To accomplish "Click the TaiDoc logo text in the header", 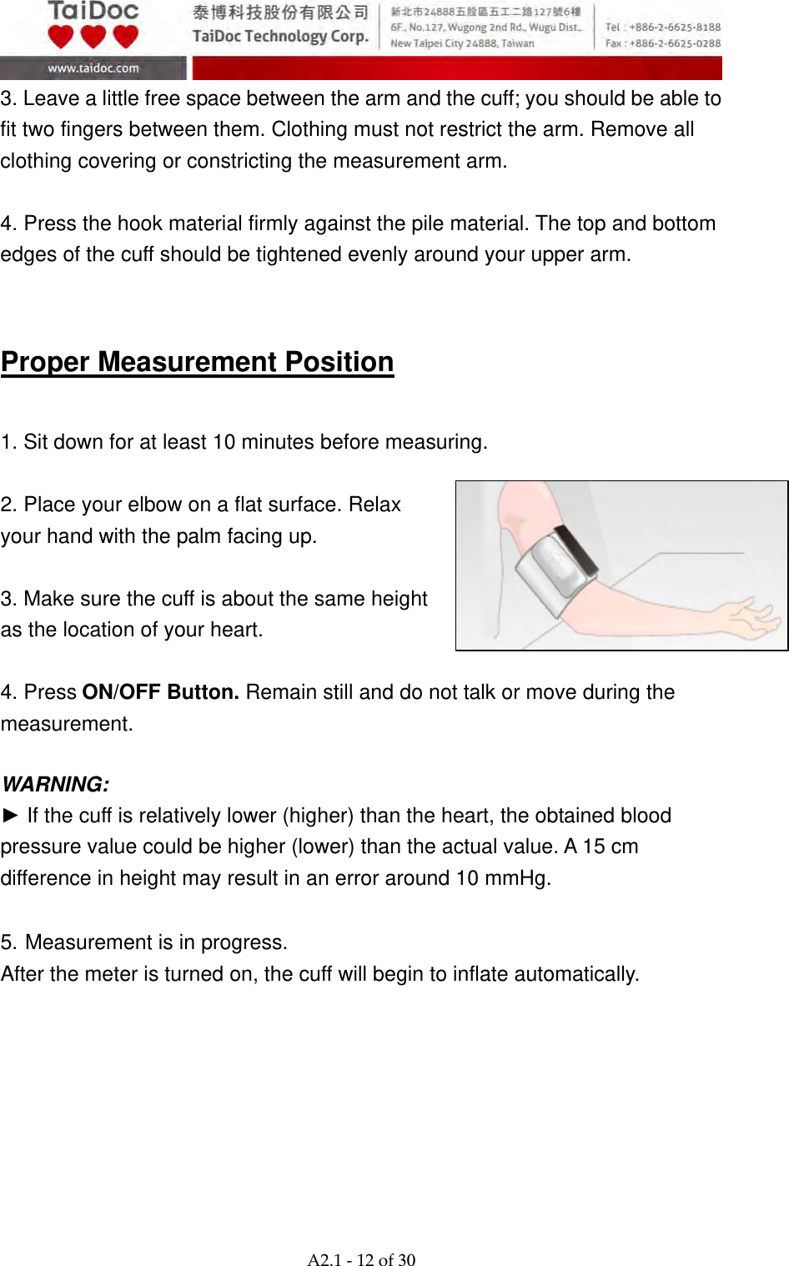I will tap(93, 12).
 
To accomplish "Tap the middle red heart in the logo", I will tap(93, 37).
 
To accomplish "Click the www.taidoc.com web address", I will tap(93, 68).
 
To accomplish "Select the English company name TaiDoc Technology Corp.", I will tap(280, 37).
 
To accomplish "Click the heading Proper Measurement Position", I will tap(198, 362).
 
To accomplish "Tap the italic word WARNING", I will tap(56, 784).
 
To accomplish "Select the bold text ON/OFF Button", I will tap(161, 692).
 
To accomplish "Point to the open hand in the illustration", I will tap(751, 615).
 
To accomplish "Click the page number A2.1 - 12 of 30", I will tap(361, 1259).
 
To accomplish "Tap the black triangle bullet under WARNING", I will tap(10, 816).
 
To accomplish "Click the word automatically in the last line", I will tap(576, 974).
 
